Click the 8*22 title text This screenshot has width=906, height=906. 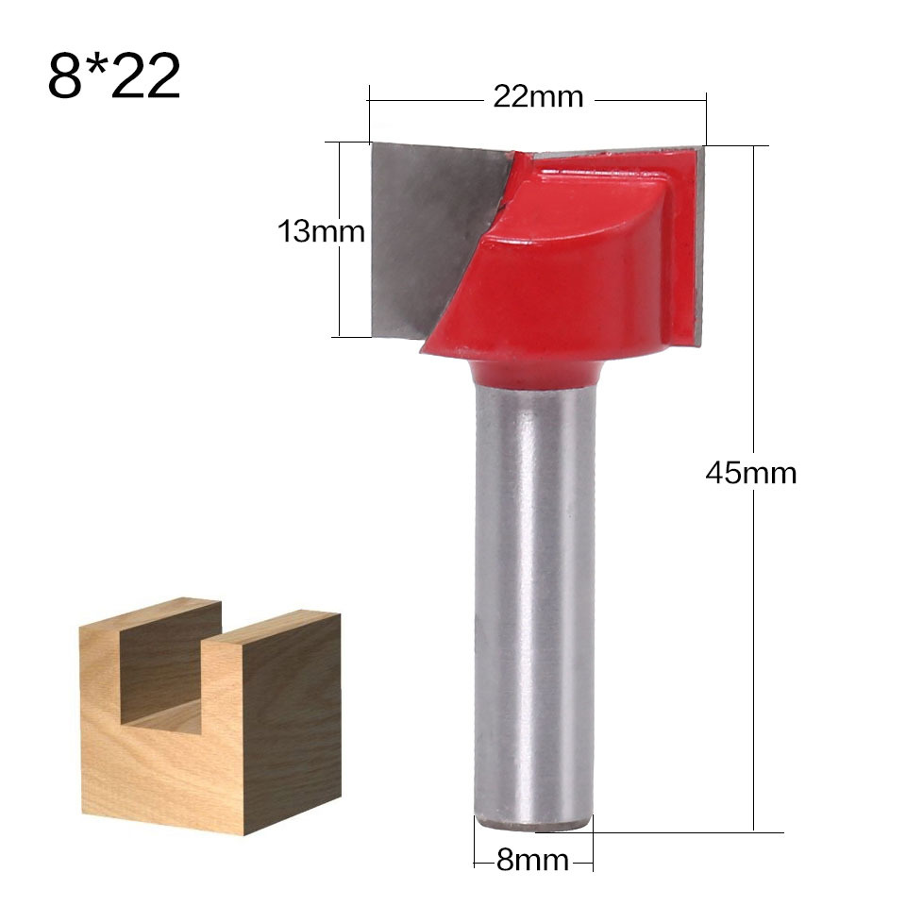[x=113, y=75]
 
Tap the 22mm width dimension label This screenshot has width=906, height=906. [x=538, y=97]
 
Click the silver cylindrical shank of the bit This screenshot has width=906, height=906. [x=534, y=604]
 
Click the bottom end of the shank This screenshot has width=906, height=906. [x=534, y=823]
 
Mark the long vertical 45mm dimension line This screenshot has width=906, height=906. [x=754, y=661]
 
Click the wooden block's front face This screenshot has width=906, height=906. [x=160, y=764]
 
